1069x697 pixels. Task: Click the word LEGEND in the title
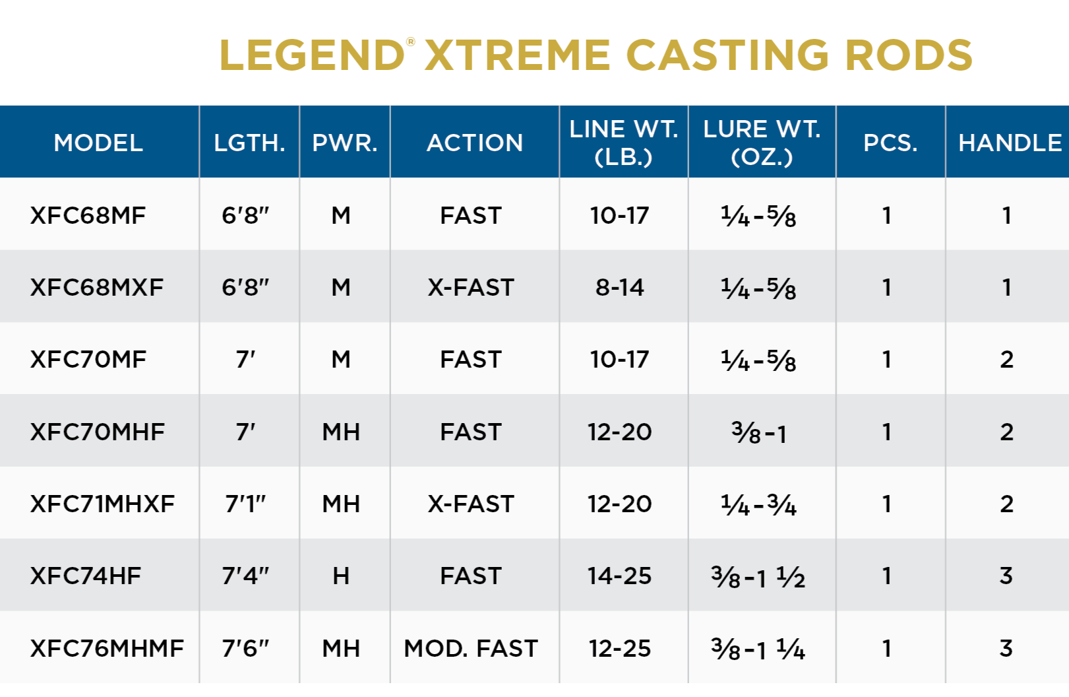tap(311, 55)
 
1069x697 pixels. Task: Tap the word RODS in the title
tap(908, 55)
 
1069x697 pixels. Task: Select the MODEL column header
tap(98, 143)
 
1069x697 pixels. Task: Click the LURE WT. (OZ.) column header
tap(762, 143)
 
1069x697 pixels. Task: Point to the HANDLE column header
tap(1009, 143)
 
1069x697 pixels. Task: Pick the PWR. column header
tap(344, 143)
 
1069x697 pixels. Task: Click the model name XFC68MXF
tap(97, 287)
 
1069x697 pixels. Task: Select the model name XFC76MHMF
tap(107, 648)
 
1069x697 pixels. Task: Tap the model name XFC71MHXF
tap(102, 504)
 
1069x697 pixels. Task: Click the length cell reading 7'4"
tap(245, 576)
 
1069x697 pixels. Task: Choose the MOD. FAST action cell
tap(471, 648)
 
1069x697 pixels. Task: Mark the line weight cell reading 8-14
tap(619, 287)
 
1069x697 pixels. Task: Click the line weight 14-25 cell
tap(619, 576)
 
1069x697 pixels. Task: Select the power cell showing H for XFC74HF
tap(341, 576)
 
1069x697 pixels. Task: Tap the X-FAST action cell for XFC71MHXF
tap(471, 504)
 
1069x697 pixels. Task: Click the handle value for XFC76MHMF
tap(1006, 648)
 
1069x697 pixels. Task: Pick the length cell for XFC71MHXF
tap(245, 504)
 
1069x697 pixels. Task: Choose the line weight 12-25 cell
tap(619, 648)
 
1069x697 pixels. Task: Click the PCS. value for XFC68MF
tap(887, 215)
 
